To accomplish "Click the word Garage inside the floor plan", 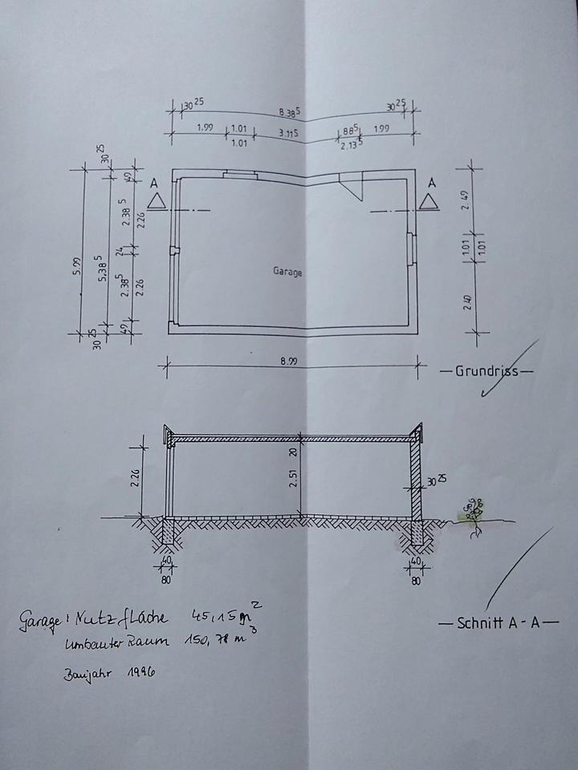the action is [287, 272].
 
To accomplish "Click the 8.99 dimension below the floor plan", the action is [289, 362].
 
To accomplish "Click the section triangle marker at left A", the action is [157, 199].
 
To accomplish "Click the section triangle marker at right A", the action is [430, 199].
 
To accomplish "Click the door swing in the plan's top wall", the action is [352, 188].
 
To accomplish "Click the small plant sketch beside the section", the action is [470, 510].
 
